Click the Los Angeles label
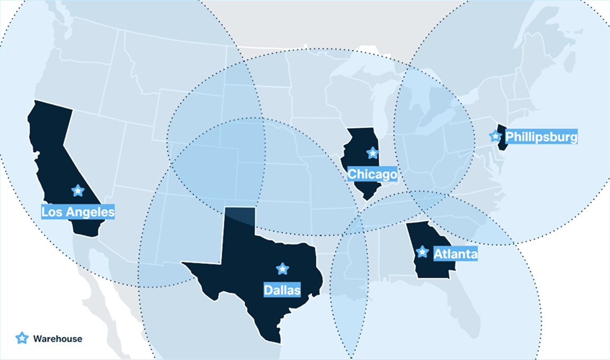[78, 212]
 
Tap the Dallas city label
[282, 290]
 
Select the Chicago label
[372, 174]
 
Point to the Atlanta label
[455, 254]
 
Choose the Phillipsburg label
[541, 137]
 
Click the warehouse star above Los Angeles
[78, 190]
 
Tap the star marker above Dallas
[283, 269]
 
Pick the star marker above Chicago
[373, 153]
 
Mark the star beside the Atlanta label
[422, 251]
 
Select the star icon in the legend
[22, 338]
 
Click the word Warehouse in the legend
[57, 339]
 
